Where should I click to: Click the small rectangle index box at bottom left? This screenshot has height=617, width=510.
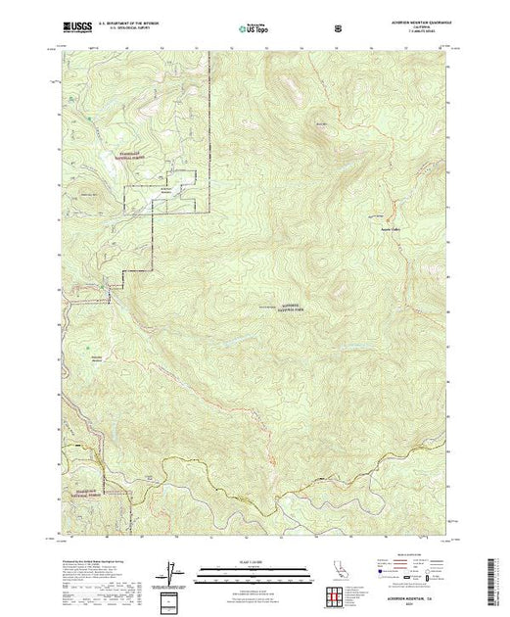(x=172, y=599)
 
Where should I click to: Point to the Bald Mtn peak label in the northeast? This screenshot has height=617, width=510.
(x=319, y=123)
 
